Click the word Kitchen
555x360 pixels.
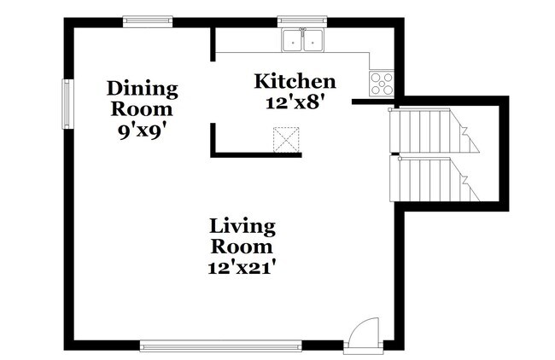click(295, 81)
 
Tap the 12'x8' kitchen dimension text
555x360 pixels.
click(295, 103)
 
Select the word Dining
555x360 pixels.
click(143, 89)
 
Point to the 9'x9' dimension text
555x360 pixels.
click(143, 131)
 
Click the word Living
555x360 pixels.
click(242, 227)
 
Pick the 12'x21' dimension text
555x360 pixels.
click(242, 268)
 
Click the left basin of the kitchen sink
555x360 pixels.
click(292, 40)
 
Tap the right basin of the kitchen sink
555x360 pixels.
click(313, 40)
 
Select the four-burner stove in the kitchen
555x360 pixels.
click(382, 84)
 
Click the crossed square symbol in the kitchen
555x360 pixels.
click(286, 140)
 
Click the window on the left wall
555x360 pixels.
click(67, 104)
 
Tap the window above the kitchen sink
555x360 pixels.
click(302, 21)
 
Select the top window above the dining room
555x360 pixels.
click(148, 21)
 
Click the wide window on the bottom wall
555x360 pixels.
click(221, 345)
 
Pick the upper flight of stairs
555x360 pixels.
click(434, 131)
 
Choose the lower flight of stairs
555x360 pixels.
click(435, 179)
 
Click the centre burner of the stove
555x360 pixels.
click(382, 84)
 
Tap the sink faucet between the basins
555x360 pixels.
click(302, 32)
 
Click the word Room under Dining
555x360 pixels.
click(142, 109)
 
